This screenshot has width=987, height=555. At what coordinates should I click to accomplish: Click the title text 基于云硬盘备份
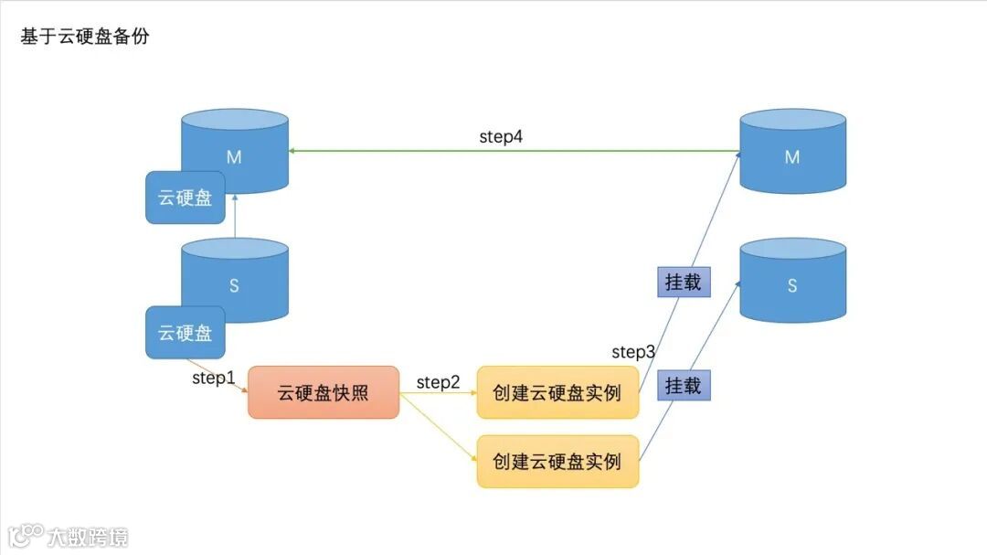click(x=84, y=37)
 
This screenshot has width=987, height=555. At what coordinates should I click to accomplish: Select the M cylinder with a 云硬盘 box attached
click(x=235, y=152)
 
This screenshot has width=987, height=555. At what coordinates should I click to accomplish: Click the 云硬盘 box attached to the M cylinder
click(x=186, y=197)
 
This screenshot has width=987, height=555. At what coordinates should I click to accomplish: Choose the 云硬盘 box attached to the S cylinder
click(x=186, y=332)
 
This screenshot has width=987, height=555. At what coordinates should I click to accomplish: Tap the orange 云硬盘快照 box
click(x=324, y=392)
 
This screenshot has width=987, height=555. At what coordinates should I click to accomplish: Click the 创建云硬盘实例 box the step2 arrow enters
click(x=557, y=392)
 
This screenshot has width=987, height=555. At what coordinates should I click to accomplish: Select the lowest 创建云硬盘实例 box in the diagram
click(x=557, y=461)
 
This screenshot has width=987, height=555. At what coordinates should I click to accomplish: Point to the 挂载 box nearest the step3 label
click(x=684, y=282)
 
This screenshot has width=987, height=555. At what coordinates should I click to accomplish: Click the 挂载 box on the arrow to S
click(x=684, y=385)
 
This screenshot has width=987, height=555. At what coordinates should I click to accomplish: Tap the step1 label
click(x=214, y=377)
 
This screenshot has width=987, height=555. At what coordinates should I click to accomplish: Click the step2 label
click(x=439, y=382)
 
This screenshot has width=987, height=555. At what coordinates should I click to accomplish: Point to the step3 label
click(x=633, y=352)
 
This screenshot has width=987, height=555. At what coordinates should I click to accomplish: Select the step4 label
click(x=501, y=137)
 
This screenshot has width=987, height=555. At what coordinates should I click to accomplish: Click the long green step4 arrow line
click(x=512, y=151)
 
